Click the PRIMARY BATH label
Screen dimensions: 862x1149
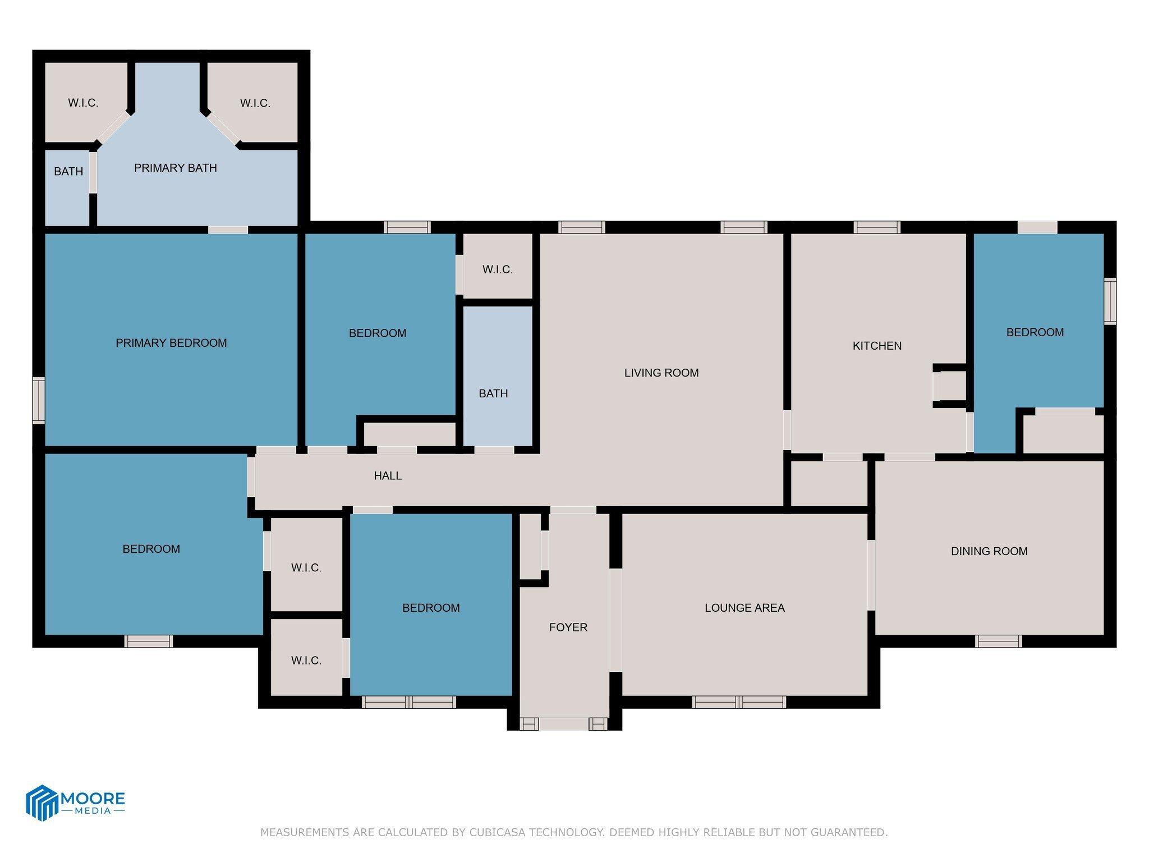tap(175, 168)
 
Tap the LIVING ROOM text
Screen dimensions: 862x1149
tap(661, 373)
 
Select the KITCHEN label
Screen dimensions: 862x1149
tap(877, 346)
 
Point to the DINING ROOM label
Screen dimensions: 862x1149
tap(989, 551)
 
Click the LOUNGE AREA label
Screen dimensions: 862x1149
tap(744, 608)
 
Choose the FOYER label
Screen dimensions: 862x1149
tap(568, 627)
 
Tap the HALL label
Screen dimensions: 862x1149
tap(388, 476)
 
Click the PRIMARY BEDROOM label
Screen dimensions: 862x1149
tap(171, 343)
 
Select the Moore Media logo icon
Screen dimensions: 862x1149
tap(42, 803)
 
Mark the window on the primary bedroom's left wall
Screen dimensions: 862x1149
tap(38, 400)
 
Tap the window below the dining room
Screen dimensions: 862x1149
tap(998, 641)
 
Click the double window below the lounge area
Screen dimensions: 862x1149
tap(738, 701)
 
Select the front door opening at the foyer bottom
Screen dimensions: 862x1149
tap(564, 724)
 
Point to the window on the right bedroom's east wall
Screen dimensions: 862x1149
tap(1110, 301)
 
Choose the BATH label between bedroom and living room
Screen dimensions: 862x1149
tap(493, 393)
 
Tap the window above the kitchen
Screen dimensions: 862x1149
tap(877, 227)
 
